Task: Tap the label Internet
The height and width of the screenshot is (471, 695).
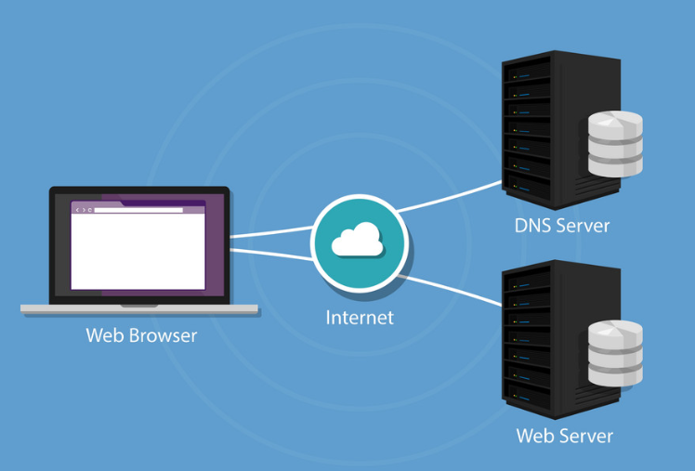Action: [360, 318]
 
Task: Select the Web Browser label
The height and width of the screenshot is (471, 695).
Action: [141, 335]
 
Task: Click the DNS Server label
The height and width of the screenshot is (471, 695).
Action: [562, 226]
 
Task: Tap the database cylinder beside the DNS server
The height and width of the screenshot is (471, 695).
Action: [615, 144]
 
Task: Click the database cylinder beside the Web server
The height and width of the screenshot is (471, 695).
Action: [615, 353]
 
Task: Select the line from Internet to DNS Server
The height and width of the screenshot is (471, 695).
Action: [451, 198]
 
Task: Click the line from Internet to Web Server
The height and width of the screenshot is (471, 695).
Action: [451, 289]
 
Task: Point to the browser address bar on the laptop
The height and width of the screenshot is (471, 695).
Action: [139, 210]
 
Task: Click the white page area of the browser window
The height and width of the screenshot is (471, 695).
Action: [139, 251]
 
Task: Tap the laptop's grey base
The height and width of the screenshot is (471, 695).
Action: [139, 307]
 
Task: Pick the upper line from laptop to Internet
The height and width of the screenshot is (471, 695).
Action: [269, 232]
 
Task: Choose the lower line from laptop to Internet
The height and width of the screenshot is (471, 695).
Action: [269, 252]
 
